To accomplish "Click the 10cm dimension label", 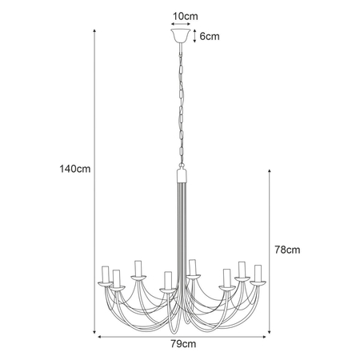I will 183,15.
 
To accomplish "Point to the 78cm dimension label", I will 286,250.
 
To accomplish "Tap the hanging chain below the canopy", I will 180,104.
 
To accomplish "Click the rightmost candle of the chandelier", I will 258,273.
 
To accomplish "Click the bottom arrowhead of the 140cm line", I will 96,330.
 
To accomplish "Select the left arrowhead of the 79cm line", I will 101,337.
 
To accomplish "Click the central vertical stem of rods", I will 180,232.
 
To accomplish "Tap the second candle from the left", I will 117,278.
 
